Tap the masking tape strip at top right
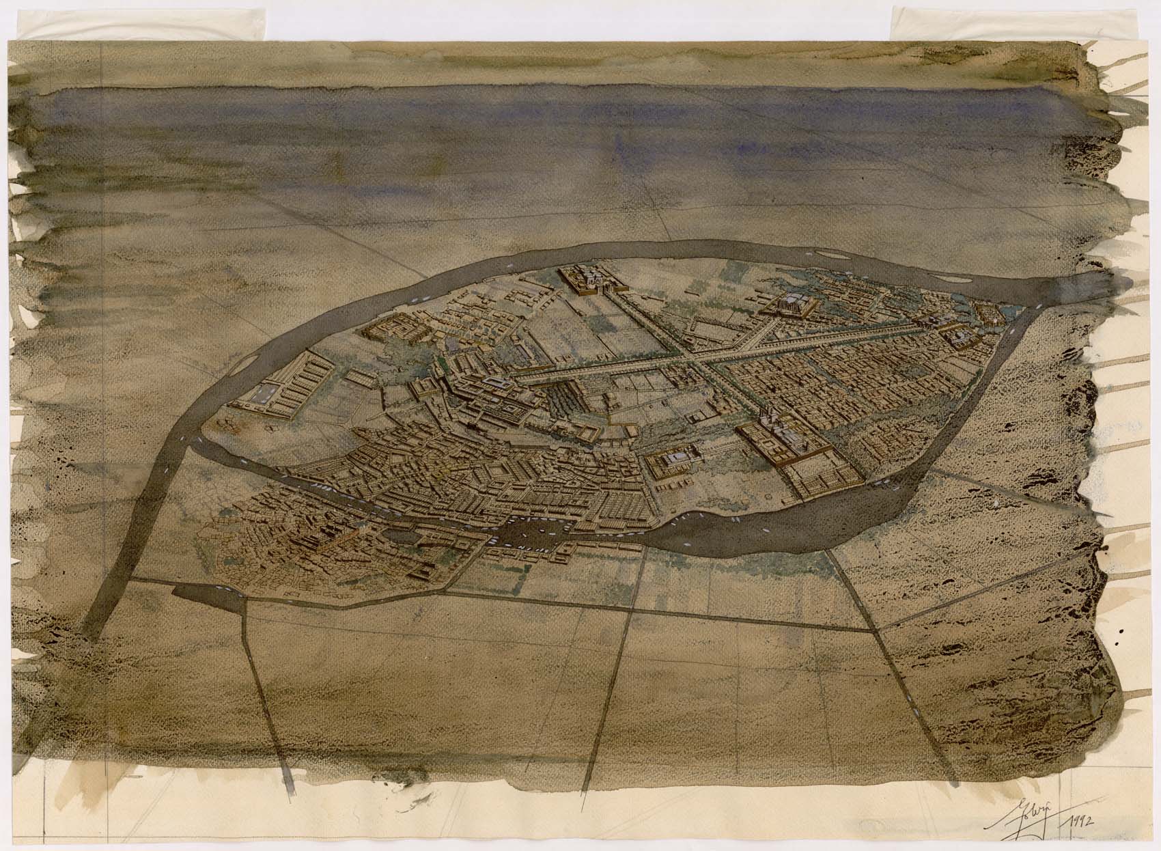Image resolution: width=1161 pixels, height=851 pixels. coord(942,24)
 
